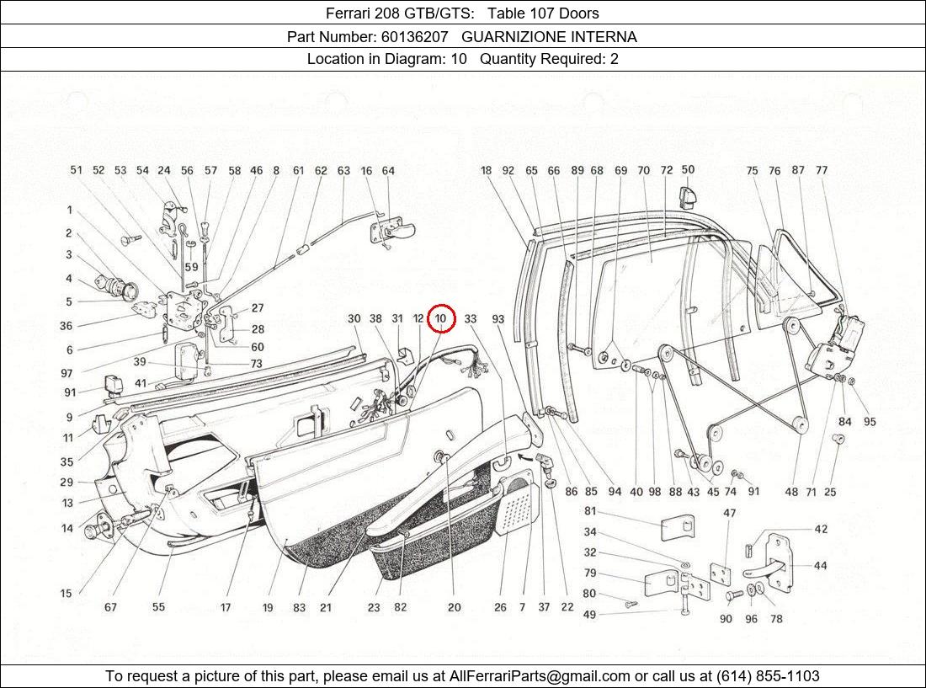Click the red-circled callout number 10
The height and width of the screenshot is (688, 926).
[x=441, y=319]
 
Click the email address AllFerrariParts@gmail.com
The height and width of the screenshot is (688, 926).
[x=540, y=676]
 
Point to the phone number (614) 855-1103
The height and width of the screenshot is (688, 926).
[x=767, y=676]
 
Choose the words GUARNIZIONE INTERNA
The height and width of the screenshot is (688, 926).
[x=549, y=37]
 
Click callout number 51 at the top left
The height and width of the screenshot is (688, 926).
[x=77, y=170]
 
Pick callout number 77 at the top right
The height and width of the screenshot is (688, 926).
[x=822, y=170]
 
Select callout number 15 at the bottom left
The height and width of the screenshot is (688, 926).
[x=66, y=594]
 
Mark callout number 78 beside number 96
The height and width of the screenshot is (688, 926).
[x=775, y=619]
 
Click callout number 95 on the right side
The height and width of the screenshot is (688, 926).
[x=870, y=422]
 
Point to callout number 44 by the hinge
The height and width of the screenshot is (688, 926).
[x=819, y=566]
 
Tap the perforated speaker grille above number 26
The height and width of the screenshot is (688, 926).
[x=515, y=506]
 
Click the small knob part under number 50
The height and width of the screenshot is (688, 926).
[x=687, y=199]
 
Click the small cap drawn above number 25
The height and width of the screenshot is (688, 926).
[x=837, y=439]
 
